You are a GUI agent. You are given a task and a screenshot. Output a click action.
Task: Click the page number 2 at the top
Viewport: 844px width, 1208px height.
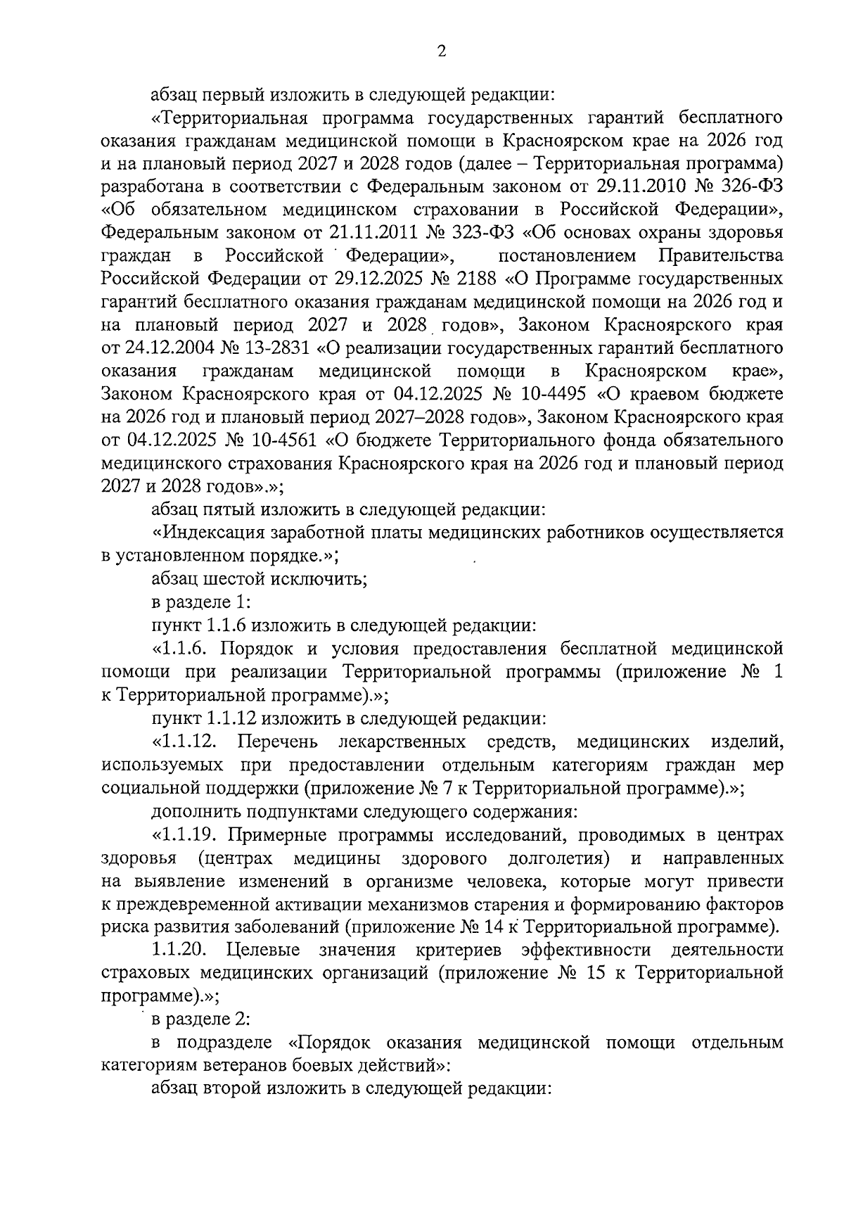coord(441,51)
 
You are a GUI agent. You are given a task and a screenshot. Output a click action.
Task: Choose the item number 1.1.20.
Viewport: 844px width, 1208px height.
coord(179,950)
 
